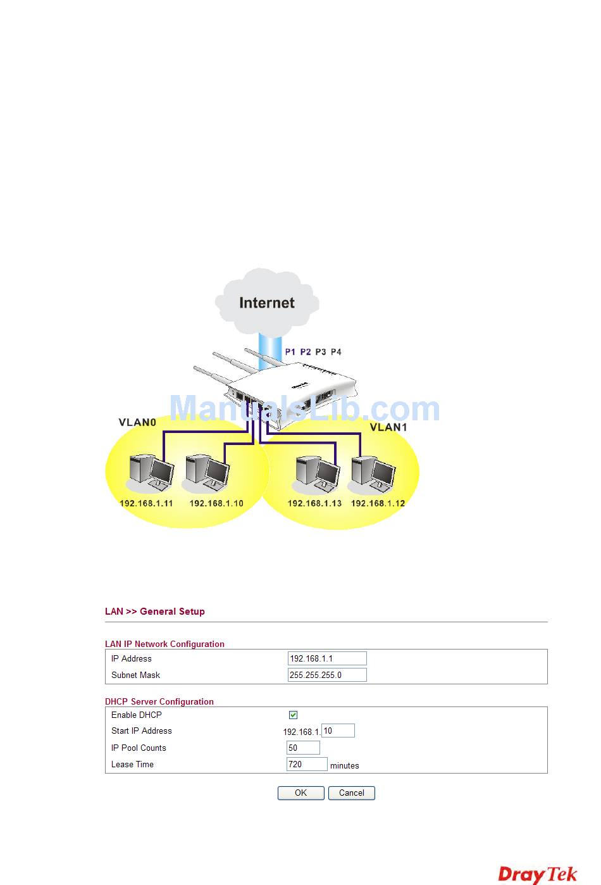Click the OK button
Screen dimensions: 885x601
pyautogui.click(x=300, y=793)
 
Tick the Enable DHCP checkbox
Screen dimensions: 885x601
pyautogui.click(x=293, y=715)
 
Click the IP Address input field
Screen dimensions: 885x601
pyautogui.click(x=326, y=658)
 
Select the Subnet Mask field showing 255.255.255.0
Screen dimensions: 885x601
pyautogui.click(x=326, y=675)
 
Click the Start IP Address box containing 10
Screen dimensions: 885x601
pyautogui.click(x=338, y=731)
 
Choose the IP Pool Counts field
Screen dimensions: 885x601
pyautogui.click(x=303, y=748)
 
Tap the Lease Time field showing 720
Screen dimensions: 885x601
pyautogui.click(x=307, y=764)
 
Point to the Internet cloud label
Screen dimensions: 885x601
pyautogui.click(x=267, y=303)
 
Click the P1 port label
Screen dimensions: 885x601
pyautogui.click(x=290, y=352)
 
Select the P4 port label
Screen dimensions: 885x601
pyautogui.click(x=336, y=352)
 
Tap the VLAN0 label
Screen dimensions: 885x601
pyautogui.click(x=137, y=422)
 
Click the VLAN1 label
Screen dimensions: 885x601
pyautogui.click(x=388, y=427)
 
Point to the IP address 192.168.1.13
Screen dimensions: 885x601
pyautogui.click(x=314, y=503)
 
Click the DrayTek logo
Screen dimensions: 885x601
pyautogui.click(x=538, y=874)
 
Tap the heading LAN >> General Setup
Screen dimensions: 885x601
pyautogui.click(x=155, y=612)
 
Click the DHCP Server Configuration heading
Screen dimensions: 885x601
pyautogui.click(x=159, y=701)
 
